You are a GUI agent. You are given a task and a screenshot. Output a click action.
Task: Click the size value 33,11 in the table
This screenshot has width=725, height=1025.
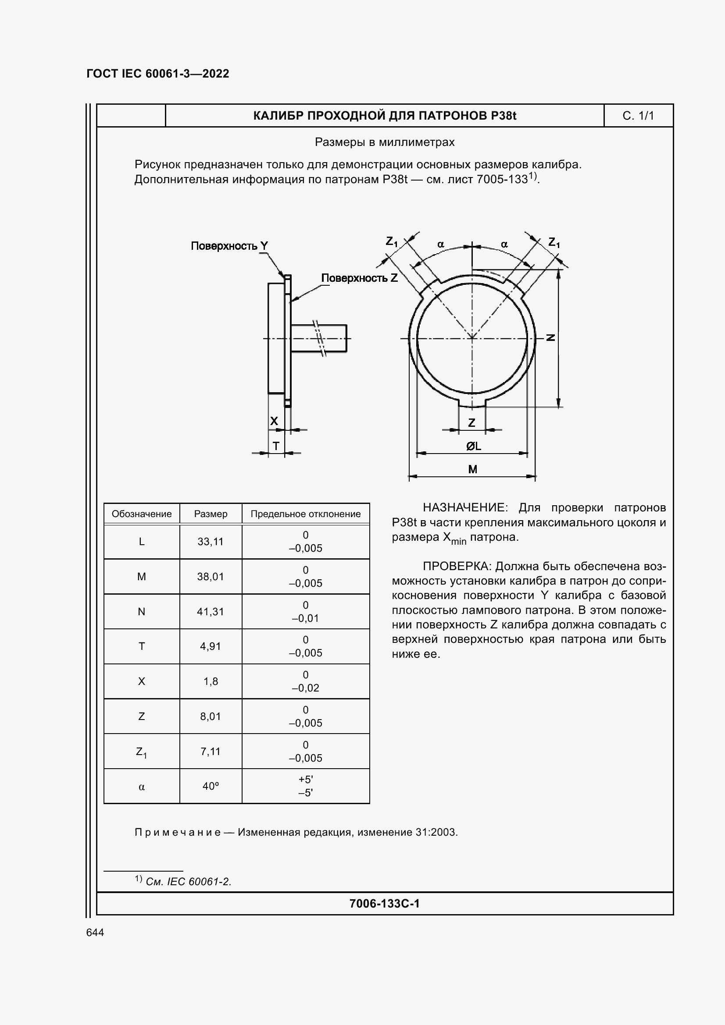211,542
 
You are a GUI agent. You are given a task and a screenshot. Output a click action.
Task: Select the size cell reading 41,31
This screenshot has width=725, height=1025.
211,612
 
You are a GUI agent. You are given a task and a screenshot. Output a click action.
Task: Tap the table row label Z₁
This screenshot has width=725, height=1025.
142,752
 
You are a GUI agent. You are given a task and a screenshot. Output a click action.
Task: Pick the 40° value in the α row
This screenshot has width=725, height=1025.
211,786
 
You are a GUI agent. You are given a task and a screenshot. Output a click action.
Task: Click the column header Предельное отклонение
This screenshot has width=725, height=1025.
306,514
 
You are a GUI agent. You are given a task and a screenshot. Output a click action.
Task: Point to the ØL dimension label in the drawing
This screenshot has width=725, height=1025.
474,446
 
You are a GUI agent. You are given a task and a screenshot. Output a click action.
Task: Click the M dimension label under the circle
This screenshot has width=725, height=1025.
473,469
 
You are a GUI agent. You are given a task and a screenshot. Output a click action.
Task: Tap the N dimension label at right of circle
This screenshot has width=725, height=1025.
551,337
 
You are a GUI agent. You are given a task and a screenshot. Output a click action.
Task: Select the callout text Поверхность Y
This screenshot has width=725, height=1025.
229,246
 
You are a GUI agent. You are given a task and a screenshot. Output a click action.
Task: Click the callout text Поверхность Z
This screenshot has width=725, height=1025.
359,278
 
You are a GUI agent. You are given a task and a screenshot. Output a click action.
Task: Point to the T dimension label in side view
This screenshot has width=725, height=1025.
276,446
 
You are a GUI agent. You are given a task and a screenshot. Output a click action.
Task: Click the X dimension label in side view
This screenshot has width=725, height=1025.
274,421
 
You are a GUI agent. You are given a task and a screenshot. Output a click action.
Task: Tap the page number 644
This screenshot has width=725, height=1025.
95,933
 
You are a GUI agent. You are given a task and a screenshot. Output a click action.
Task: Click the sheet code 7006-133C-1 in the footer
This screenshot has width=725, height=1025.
385,904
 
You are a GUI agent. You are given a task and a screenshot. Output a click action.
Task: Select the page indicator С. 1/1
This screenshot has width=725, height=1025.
638,116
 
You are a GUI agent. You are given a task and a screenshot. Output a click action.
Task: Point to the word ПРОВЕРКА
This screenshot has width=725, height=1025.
457,567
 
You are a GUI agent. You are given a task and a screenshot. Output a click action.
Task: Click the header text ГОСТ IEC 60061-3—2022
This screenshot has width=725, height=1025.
158,74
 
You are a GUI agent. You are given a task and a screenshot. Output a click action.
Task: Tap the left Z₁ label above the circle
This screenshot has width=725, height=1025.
392,242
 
